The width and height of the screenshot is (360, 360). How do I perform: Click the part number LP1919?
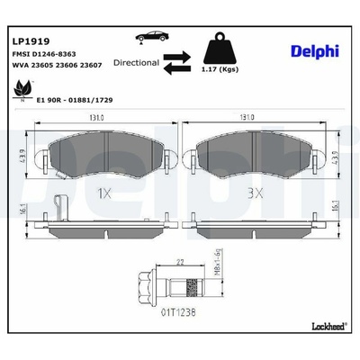tap(31, 41)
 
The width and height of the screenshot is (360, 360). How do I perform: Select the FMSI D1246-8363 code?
tap(44, 54)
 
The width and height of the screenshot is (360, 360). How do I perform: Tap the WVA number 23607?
tap(91, 65)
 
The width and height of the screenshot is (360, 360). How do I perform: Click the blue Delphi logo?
tap(315, 51)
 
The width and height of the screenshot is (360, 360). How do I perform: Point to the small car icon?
tap(152, 37)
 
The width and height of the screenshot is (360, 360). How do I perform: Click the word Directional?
tap(136, 63)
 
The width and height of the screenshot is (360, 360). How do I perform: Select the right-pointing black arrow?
tap(177, 56)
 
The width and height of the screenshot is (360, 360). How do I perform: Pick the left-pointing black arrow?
tap(177, 68)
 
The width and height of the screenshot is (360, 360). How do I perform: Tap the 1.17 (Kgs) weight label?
tap(220, 69)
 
